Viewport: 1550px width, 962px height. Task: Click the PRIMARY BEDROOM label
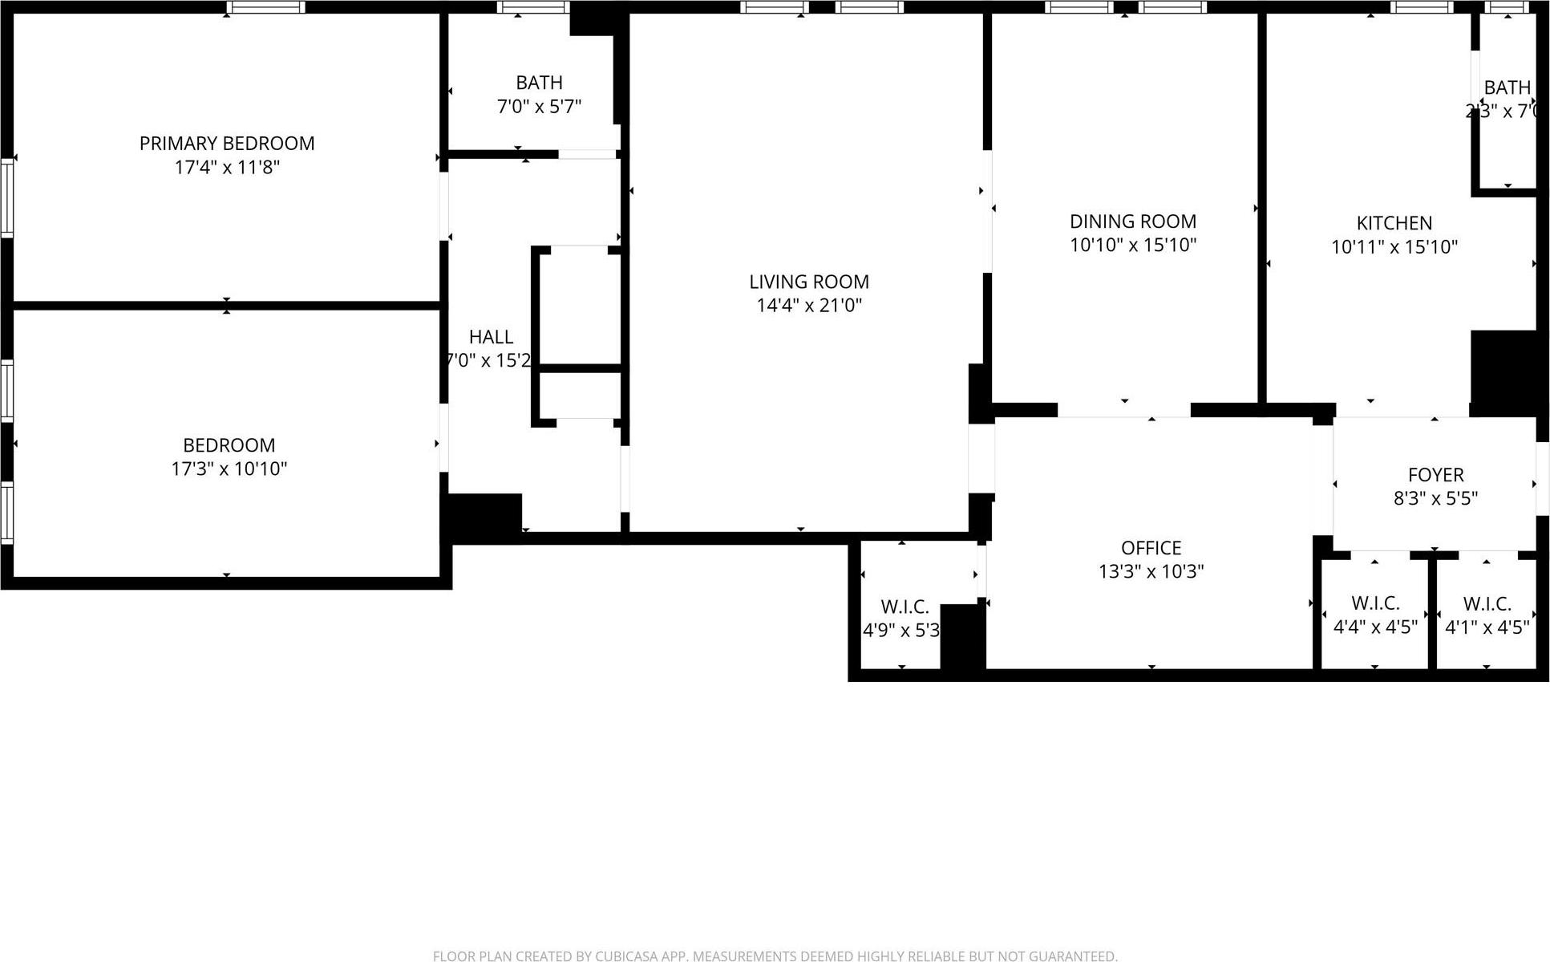click(227, 144)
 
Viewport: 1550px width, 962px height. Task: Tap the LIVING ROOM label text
click(809, 282)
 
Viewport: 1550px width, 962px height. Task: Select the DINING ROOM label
click(1133, 221)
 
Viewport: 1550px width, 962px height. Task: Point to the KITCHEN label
click(1394, 223)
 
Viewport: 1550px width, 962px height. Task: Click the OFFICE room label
click(1151, 548)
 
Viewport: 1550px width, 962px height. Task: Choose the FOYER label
click(1435, 475)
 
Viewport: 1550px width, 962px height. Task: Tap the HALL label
click(491, 337)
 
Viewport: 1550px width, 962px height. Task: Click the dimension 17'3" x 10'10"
click(229, 469)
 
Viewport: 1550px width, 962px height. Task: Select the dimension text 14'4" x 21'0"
click(809, 305)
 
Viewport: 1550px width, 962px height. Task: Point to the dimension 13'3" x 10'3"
click(1151, 571)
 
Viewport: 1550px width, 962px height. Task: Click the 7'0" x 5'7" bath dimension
click(539, 107)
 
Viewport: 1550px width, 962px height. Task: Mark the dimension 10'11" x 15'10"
click(1394, 247)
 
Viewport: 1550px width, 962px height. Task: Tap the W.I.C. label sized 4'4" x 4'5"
click(1375, 603)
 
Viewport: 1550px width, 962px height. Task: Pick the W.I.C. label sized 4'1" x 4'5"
click(1487, 603)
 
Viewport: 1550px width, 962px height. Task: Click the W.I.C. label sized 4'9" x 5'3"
click(905, 607)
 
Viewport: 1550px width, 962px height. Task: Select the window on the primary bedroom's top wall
click(265, 7)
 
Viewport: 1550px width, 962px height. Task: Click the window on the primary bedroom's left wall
click(7, 197)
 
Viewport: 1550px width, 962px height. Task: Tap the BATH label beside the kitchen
click(1507, 87)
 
